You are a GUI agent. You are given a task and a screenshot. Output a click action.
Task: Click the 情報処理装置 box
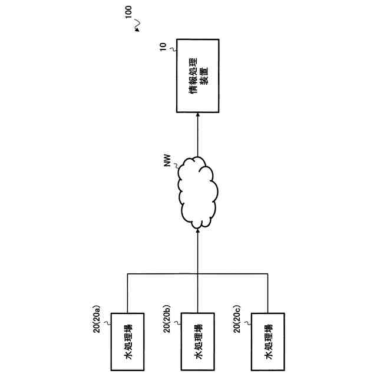[198, 76]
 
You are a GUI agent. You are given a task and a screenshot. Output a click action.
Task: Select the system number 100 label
[129, 14]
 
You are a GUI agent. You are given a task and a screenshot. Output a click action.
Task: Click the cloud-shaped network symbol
[198, 191]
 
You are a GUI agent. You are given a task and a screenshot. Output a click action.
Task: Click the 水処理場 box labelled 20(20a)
[128, 341]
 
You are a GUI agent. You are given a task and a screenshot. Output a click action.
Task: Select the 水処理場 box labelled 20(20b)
[197, 341]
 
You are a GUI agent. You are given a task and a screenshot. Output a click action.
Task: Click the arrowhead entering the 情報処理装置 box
[198, 116]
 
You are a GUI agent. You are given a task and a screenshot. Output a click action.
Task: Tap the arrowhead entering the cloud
[198, 230]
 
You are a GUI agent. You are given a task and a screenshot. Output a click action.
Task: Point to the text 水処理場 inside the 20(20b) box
[197, 341]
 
